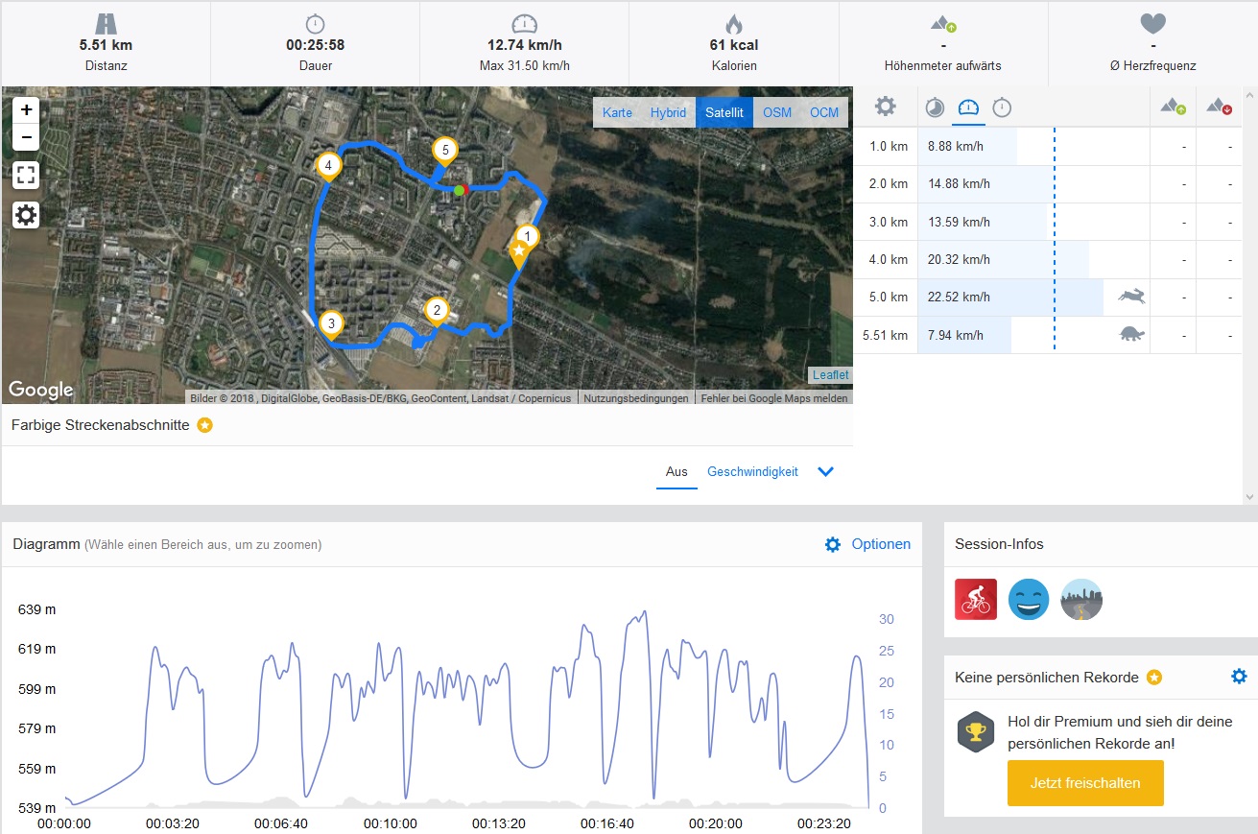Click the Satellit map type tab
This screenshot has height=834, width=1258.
(x=724, y=112)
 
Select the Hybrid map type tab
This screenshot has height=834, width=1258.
(x=668, y=112)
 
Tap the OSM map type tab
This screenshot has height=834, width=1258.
(x=777, y=112)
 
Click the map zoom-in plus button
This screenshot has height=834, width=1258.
(x=26, y=109)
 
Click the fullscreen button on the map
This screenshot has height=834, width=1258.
(x=26, y=175)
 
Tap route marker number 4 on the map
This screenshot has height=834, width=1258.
(x=329, y=167)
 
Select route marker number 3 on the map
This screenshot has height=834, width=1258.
(x=331, y=324)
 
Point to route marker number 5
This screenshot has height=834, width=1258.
(x=443, y=151)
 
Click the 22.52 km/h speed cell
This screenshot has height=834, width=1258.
(x=958, y=297)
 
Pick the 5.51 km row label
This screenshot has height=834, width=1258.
(x=885, y=335)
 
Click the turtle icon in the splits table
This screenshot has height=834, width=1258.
(x=1132, y=334)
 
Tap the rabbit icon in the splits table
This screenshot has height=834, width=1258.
(x=1131, y=297)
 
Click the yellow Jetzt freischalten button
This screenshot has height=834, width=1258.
(x=1085, y=782)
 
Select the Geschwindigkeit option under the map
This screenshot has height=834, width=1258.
(x=752, y=471)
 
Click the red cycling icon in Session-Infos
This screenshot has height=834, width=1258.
(x=976, y=599)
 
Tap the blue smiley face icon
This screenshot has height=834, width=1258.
(x=1029, y=599)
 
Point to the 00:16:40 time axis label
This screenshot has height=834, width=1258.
(x=607, y=823)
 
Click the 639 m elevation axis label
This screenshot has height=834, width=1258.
(x=36, y=608)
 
